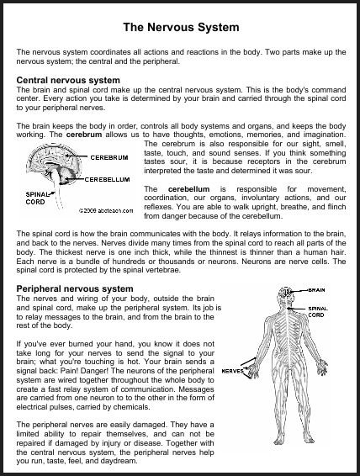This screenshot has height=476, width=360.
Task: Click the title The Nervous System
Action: (x=180, y=27)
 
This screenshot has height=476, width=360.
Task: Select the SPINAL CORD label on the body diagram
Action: (x=317, y=312)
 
